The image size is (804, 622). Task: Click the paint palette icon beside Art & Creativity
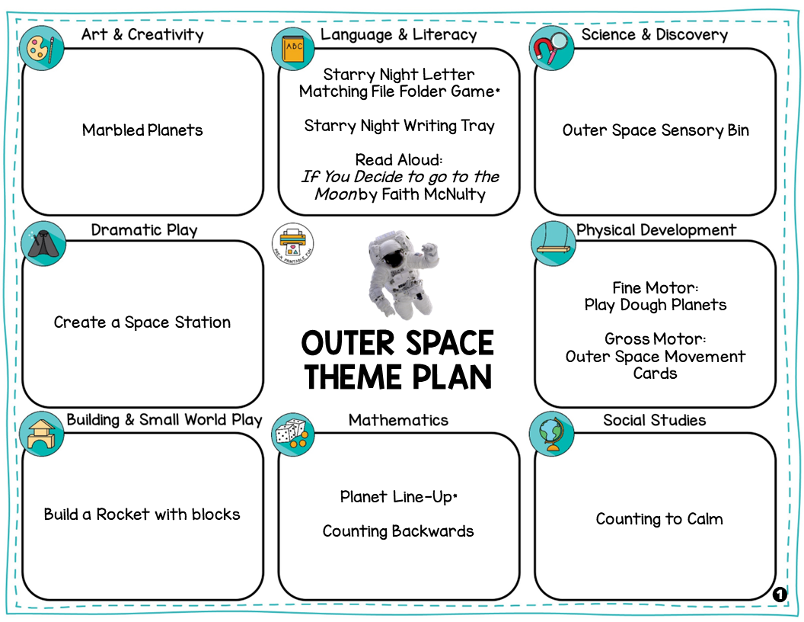coord(41,48)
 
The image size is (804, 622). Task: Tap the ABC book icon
coord(292,49)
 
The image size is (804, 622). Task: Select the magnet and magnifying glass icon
coord(551,48)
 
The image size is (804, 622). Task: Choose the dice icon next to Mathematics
coord(293,435)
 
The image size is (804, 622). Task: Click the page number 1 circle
coord(779,595)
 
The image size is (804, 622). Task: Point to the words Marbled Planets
coord(142,130)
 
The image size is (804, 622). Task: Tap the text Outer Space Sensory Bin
coord(656,130)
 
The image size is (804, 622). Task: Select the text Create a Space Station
coord(142,322)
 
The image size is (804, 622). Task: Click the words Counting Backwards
coord(398,531)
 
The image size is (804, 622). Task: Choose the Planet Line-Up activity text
coord(398,497)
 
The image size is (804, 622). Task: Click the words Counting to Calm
coord(659,519)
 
